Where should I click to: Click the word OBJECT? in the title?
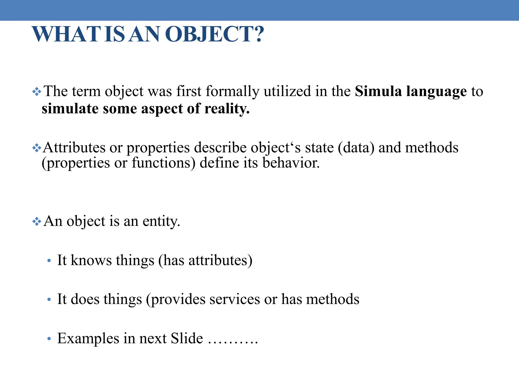[x=215, y=34]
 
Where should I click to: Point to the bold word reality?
[x=227, y=109]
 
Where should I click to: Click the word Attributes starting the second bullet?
[x=74, y=148]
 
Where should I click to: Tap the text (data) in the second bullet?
[x=356, y=148]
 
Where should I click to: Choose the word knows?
[x=91, y=260]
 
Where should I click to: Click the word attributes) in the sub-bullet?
[x=220, y=261]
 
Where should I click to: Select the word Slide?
[x=187, y=338]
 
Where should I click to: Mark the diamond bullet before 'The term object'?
[x=37, y=92]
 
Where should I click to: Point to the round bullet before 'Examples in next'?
[x=49, y=339]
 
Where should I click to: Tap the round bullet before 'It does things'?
[x=49, y=300]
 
